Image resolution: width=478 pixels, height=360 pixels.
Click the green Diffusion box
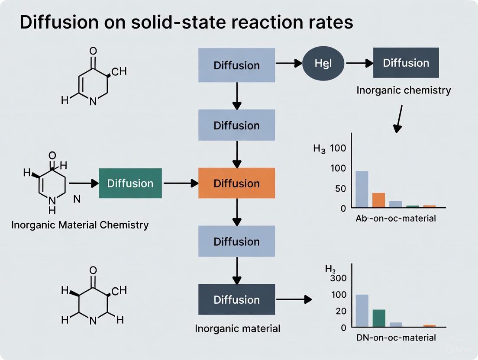[130, 183]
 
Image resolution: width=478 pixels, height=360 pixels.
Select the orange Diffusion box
[236, 183]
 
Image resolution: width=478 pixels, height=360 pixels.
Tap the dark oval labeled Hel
[323, 63]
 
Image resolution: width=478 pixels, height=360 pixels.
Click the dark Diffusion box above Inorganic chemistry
[406, 63]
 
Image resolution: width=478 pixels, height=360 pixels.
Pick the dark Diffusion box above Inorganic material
[236, 299]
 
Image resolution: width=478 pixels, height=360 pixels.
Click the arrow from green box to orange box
[180, 183]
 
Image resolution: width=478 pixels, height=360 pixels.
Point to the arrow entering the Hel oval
[289, 64]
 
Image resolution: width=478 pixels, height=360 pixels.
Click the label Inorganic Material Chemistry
[80, 225]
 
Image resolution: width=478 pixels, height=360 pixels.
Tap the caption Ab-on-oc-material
[396, 219]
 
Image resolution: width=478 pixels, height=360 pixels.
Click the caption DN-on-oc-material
[396, 337]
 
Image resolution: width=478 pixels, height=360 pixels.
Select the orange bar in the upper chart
[378, 200]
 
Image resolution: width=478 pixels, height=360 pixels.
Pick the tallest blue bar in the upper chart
[362, 189]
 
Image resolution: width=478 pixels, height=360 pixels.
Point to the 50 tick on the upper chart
[341, 189]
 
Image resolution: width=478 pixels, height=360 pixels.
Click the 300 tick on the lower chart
[338, 278]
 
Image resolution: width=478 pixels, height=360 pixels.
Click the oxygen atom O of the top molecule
[93, 51]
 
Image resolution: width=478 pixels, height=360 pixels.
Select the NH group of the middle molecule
[52, 205]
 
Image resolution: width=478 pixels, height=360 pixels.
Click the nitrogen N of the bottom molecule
[93, 321]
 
